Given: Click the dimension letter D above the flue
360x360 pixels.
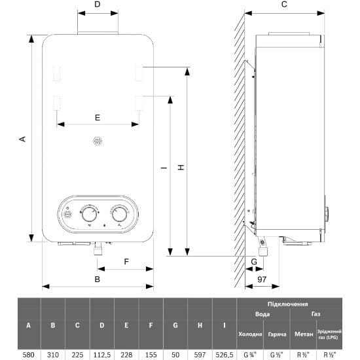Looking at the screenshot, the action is (x=98, y=5).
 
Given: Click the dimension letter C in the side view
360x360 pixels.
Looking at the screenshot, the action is (x=284, y=5).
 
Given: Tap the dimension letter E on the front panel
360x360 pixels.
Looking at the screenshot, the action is (x=98, y=118).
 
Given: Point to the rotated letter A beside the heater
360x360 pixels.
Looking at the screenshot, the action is (x=22, y=139).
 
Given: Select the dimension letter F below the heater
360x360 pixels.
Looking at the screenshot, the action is (x=126, y=262).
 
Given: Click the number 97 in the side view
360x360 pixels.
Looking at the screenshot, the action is (x=262, y=279).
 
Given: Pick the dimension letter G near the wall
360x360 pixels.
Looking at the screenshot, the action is (x=254, y=262).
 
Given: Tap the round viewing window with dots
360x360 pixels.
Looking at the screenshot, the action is (x=98, y=141).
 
